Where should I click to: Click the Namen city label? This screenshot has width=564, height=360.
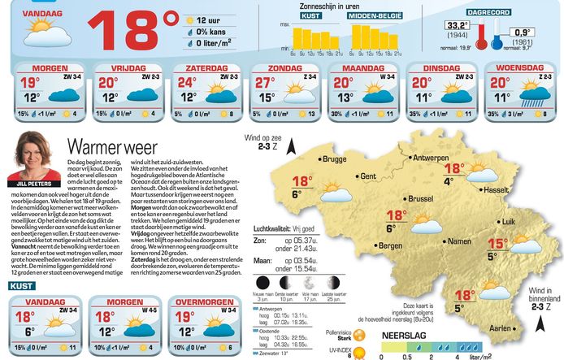click(x=459, y=241)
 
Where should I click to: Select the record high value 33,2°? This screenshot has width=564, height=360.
click(x=457, y=27)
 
